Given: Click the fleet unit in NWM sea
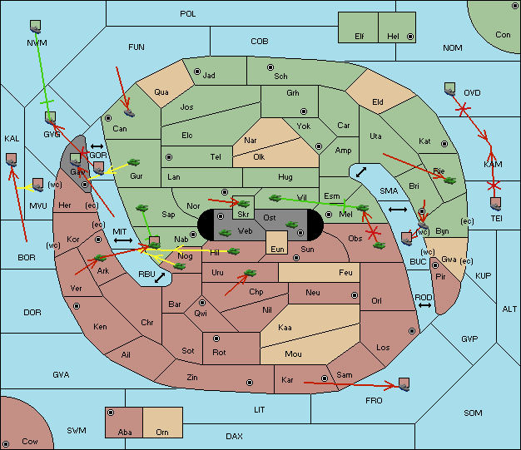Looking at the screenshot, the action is (35, 27).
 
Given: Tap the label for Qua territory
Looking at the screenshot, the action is (161, 92).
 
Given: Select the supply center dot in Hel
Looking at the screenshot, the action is (410, 37).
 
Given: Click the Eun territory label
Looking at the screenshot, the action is (277, 249).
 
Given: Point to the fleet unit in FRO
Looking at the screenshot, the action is (404, 384).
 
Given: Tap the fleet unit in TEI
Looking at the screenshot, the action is (496, 205).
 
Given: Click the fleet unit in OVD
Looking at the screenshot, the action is (450, 89).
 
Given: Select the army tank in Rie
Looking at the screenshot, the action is (450, 180).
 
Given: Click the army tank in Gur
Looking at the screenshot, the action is (134, 162).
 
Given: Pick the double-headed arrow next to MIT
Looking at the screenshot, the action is (123, 240).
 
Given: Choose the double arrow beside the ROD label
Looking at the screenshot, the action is (424, 305).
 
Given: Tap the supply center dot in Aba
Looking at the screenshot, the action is (111, 413).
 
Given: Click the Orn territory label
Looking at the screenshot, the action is (162, 432).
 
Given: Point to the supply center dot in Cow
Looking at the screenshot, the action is (6, 443).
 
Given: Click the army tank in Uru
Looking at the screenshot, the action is (251, 273).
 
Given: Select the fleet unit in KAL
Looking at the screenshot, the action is (12, 160).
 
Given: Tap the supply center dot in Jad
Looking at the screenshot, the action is (197, 72).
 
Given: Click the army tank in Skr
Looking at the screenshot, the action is (244, 203).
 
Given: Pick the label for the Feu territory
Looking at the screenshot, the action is (345, 272).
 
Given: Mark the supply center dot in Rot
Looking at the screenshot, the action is (216, 339).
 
